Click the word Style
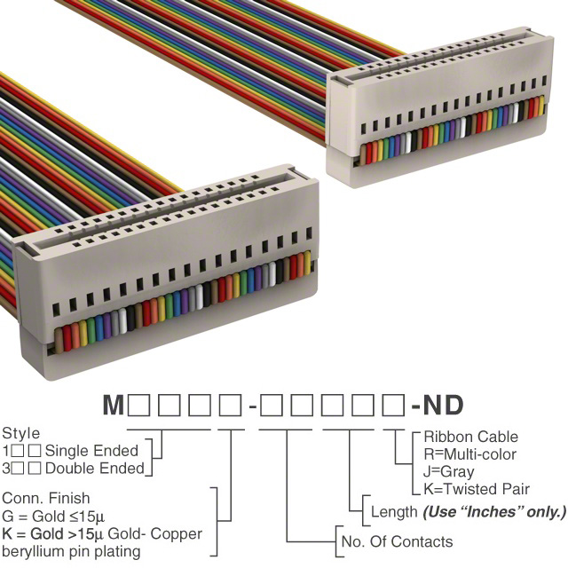tap(20, 434)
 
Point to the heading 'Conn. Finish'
tap(46, 498)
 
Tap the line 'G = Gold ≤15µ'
tap(51, 516)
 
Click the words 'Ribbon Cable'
tap(470, 437)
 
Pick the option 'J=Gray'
tap(449, 471)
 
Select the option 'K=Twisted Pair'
tap(477, 489)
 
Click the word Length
tap(394, 512)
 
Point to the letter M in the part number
tap(113, 406)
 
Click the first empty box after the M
tap(138, 406)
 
